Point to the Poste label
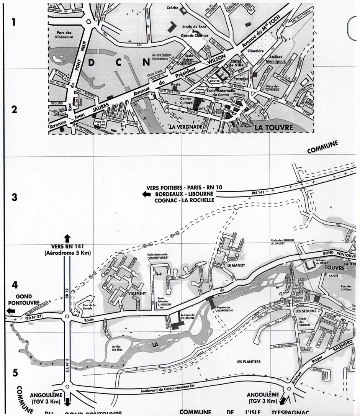pyautogui.click(x=175, y=84)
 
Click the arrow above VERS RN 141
pyautogui.click(x=67, y=236)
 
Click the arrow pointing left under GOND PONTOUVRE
pyautogui.click(x=8, y=310)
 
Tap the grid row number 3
pyautogui.click(x=15, y=198)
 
